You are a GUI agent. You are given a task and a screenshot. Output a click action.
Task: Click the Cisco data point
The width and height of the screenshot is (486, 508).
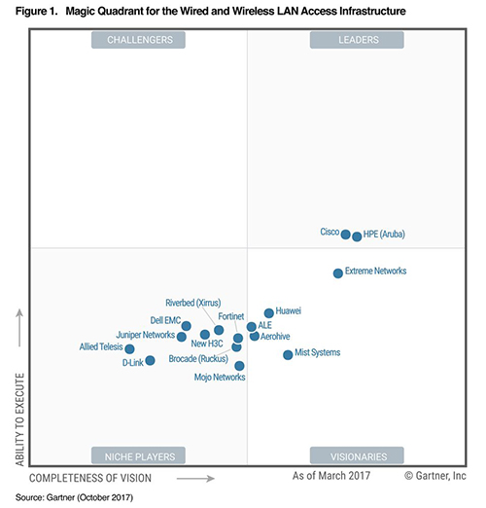pyautogui.click(x=346, y=235)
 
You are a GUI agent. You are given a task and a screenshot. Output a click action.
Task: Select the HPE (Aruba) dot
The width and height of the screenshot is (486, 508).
pyautogui.click(x=357, y=236)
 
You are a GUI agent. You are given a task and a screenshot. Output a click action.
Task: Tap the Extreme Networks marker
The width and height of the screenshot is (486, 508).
pyautogui.click(x=338, y=273)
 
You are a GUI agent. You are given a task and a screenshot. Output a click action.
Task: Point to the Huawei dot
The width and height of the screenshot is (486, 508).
pyautogui.click(x=269, y=313)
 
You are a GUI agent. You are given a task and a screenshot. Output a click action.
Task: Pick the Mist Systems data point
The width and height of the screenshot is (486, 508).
pyautogui.click(x=288, y=355)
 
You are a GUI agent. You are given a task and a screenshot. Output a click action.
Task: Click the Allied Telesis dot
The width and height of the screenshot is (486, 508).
pyautogui.click(x=129, y=349)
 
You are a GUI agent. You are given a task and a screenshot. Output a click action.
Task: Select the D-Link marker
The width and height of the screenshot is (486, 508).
pyautogui.click(x=150, y=360)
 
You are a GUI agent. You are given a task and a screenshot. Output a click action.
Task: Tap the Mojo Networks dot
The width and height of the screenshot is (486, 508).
pyautogui.click(x=239, y=366)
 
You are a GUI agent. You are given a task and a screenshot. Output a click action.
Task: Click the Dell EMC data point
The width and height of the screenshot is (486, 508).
pyautogui.click(x=186, y=326)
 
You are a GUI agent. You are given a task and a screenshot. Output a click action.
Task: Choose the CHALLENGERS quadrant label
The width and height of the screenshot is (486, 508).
pyautogui.click(x=140, y=40)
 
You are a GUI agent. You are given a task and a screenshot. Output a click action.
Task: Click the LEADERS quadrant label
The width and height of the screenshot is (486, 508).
pyautogui.click(x=359, y=40)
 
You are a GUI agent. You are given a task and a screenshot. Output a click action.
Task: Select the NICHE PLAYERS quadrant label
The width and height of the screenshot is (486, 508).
pyautogui.click(x=140, y=456)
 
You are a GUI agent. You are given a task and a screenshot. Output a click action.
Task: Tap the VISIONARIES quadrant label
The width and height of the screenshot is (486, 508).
pyautogui.click(x=359, y=456)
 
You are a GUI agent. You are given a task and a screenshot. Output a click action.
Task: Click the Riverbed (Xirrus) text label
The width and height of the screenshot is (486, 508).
pyautogui.click(x=193, y=303)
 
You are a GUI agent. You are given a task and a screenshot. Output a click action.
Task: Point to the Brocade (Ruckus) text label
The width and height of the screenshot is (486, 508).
pyautogui.click(x=198, y=359)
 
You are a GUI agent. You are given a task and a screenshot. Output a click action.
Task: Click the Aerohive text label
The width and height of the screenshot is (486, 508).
pyautogui.click(x=275, y=337)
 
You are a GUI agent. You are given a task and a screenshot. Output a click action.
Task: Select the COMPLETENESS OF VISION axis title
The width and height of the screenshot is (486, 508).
pyautogui.click(x=90, y=478)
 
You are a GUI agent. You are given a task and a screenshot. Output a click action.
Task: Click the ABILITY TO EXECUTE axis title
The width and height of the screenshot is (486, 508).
pyautogui.click(x=20, y=419)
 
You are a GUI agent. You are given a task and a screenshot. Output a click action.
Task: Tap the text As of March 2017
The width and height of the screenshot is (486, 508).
pyautogui.click(x=331, y=476)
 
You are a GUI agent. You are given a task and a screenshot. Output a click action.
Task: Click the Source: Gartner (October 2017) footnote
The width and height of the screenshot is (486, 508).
pyautogui.click(x=74, y=497)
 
